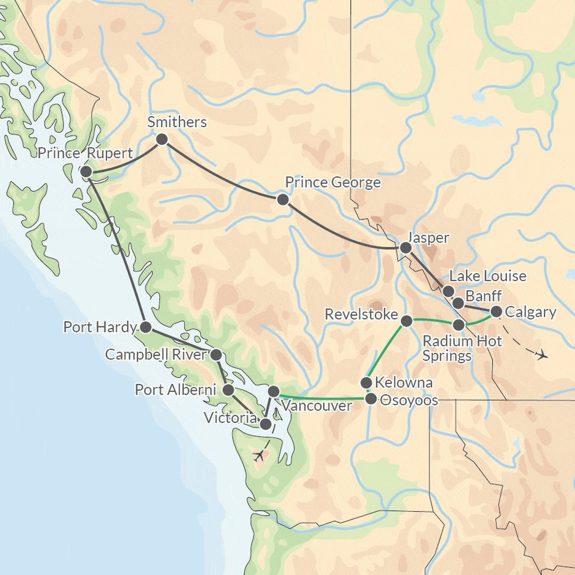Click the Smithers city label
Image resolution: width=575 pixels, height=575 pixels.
(x=177, y=122)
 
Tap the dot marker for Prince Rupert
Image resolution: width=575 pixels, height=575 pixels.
(x=85, y=171)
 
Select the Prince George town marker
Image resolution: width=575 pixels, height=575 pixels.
(x=283, y=200)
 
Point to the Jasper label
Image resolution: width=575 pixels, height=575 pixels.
(x=428, y=238)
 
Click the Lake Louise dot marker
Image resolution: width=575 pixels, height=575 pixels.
(x=448, y=291)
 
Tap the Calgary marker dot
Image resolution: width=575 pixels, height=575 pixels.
(x=496, y=311)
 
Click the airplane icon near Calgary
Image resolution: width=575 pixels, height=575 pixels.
(x=542, y=355)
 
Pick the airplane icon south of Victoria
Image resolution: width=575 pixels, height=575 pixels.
(x=259, y=455)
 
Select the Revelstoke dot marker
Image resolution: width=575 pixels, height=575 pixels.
(x=406, y=321)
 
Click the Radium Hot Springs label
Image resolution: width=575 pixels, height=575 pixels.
(x=462, y=348)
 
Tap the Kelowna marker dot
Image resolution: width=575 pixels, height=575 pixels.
(x=366, y=383)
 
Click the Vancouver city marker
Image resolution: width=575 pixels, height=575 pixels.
(x=273, y=392)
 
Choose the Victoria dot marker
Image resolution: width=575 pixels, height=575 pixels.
(x=265, y=424)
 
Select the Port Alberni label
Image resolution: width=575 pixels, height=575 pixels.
(x=175, y=390)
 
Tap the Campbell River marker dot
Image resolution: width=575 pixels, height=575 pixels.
(x=216, y=355)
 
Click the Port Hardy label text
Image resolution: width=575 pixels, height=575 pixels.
(x=100, y=327)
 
